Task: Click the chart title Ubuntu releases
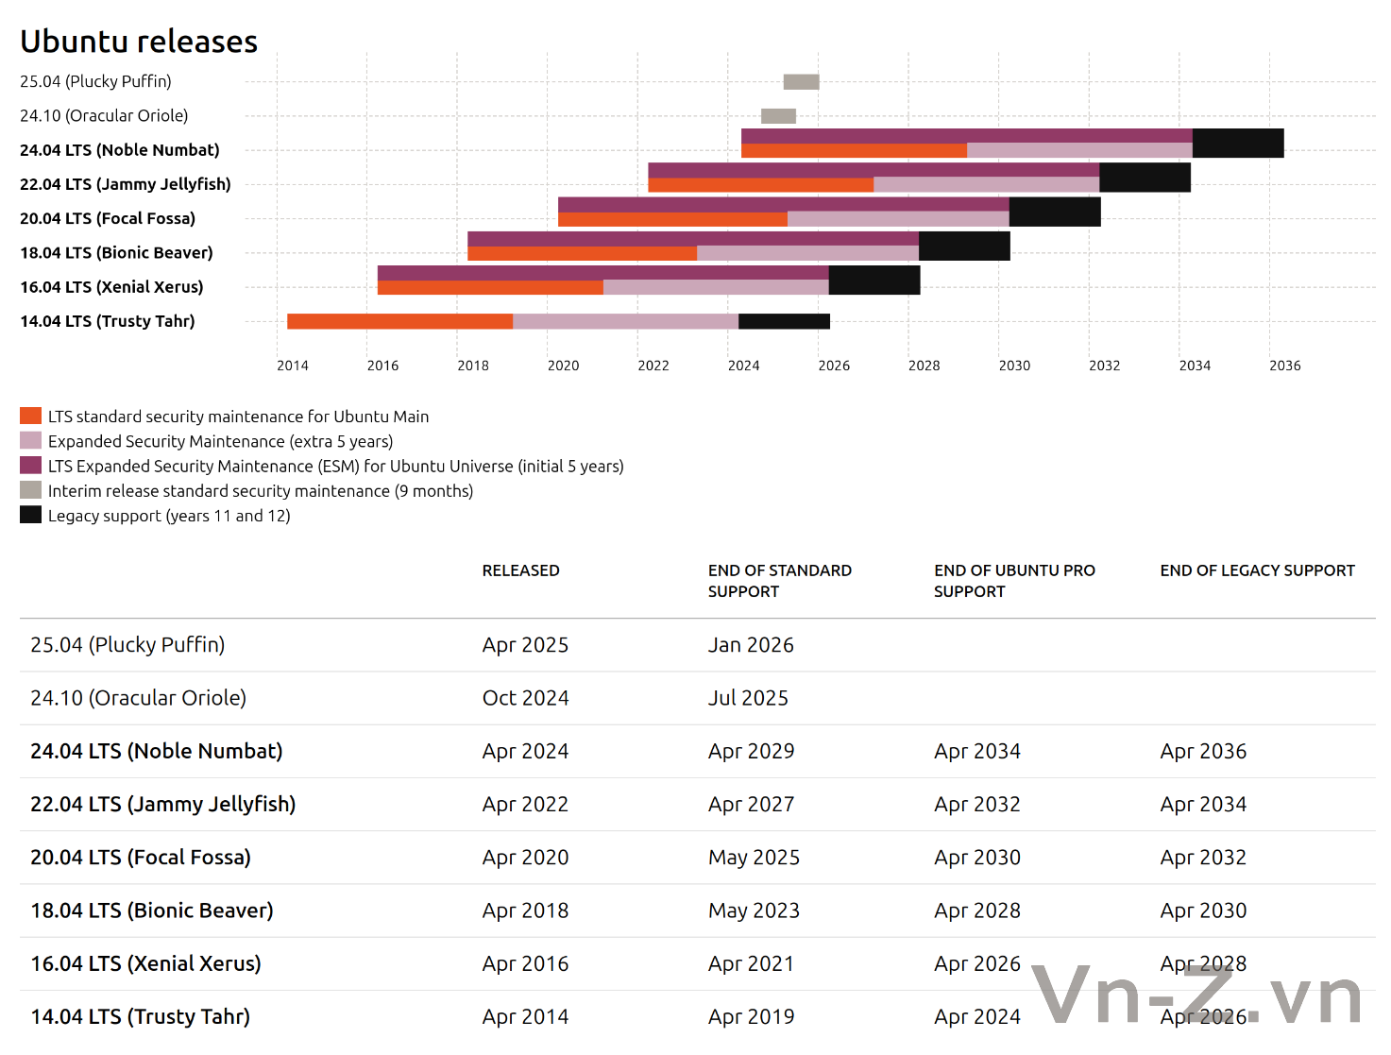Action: pyautogui.click(x=139, y=42)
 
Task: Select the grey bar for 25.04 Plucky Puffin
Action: pyautogui.click(x=801, y=82)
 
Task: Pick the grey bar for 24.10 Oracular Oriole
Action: pyautogui.click(x=778, y=116)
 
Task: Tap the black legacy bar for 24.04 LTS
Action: pyautogui.click(x=1237, y=144)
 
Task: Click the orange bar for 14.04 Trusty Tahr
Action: pyautogui.click(x=399, y=321)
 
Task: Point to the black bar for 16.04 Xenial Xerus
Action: pyautogui.click(x=874, y=281)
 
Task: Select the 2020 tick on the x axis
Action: pyautogui.click(x=563, y=366)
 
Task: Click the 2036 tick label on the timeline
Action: pyautogui.click(x=1284, y=366)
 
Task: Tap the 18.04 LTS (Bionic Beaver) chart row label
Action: pyautogui.click(x=116, y=253)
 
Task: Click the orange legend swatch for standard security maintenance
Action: pyautogui.click(x=30, y=416)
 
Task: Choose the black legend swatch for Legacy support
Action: pyautogui.click(x=30, y=515)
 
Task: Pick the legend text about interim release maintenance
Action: pyautogui.click(x=261, y=491)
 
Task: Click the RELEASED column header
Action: pyautogui.click(x=520, y=570)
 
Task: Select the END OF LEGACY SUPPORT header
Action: pyautogui.click(x=1257, y=570)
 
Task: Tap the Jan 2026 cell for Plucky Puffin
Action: pyautogui.click(x=751, y=645)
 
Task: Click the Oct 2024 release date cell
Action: pyautogui.click(x=525, y=698)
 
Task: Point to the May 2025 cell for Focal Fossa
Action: pyautogui.click(x=754, y=858)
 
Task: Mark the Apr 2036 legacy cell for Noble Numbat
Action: pyautogui.click(x=1203, y=752)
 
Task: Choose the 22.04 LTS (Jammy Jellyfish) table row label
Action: pyautogui.click(x=162, y=805)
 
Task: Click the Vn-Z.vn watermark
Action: pyautogui.click(x=1196, y=995)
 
